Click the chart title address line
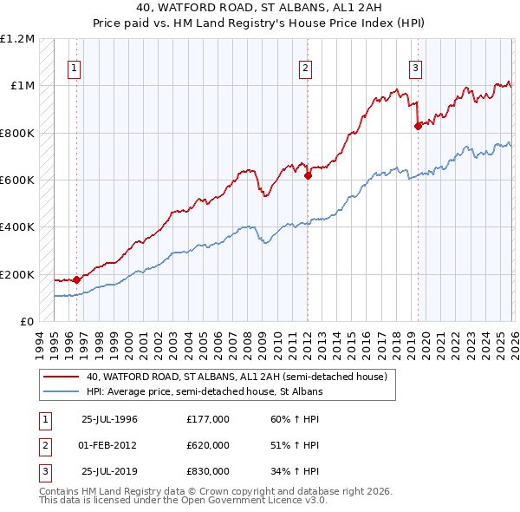tap(259, 7)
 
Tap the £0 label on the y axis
tap(26, 322)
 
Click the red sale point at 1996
tap(76, 279)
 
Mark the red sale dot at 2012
tap(308, 175)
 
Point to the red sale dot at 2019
tap(418, 126)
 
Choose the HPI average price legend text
tap(205, 392)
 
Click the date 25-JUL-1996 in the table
tap(109, 419)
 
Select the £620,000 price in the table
tap(208, 445)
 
